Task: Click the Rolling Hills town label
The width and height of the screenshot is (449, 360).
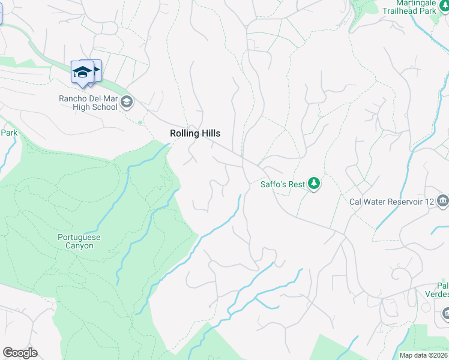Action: (195, 133)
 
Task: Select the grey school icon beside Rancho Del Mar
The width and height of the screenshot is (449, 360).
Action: (126, 103)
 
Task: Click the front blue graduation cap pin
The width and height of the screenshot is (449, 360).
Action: (82, 73)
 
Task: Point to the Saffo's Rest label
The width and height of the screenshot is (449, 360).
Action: (283, 184)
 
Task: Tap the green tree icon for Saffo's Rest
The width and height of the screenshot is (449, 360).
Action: (313, 184)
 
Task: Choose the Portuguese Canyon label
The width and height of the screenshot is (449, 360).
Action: (79, 241)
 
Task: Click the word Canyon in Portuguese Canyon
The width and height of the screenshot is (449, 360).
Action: (79, 245)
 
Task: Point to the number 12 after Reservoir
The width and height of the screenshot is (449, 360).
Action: (429, 202)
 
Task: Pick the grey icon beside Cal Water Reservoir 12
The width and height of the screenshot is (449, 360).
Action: (443, 200)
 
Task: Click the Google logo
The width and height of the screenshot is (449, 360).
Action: (20, 353)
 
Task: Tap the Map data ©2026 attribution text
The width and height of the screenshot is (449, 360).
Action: (424, 355)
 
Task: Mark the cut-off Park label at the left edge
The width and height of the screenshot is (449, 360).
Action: (8, 133)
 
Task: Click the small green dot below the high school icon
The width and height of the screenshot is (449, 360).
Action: (140, 122)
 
